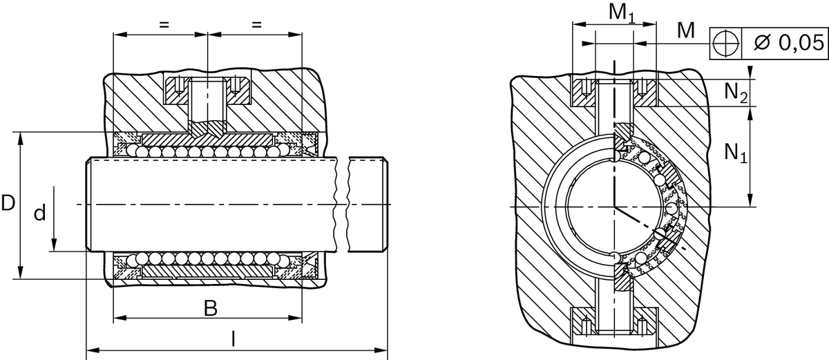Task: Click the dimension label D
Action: [x=8, y=204]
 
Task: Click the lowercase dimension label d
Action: [x=40, y=214]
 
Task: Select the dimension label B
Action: [x=210, y=308]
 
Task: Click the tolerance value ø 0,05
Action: [x=785, y=43]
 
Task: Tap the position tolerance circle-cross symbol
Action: [x=725, y=43]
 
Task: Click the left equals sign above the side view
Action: [x=164, y=24]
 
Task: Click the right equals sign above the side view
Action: [x=256, y=24]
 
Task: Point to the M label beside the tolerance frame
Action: [x=685, y=30]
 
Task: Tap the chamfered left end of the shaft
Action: [x=88, y=205]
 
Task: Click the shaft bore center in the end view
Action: [x=613, y=206]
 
